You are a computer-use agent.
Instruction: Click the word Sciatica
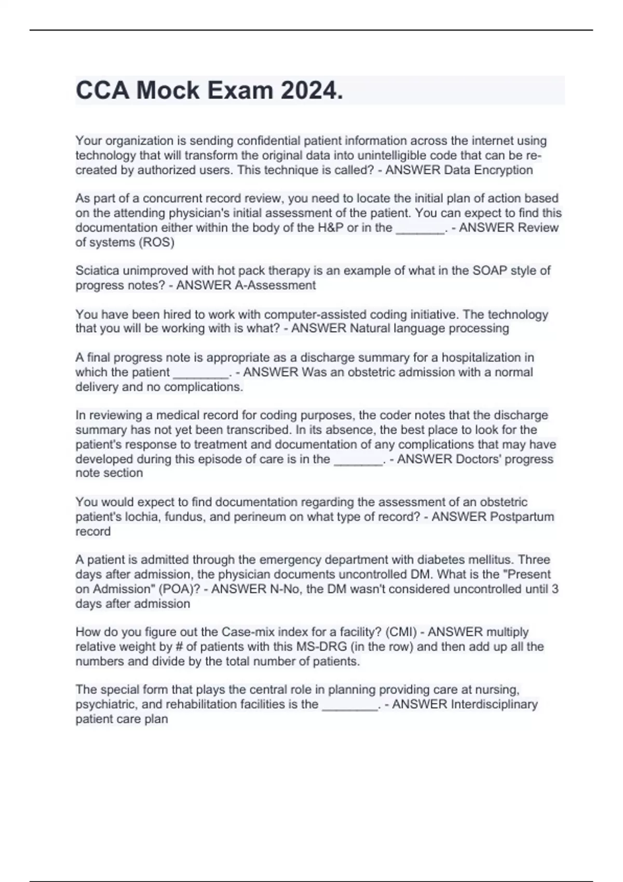(97, 271)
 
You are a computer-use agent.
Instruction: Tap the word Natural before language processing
(370, 328)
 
